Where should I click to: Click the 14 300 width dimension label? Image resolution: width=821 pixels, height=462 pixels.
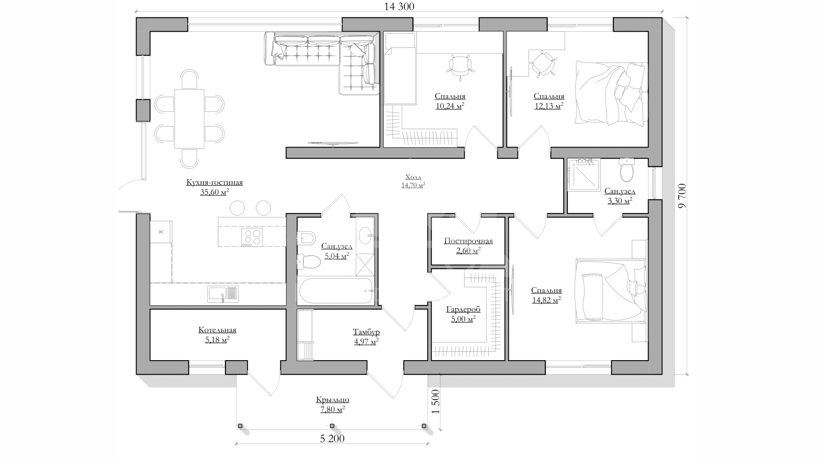(x=399, y=6)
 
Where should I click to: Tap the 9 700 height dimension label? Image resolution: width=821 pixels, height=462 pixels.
(x=682, y=195)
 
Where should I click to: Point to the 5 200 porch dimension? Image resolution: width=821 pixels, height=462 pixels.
(x=332, y=438)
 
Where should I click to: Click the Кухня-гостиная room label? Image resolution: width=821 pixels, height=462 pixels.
(x=214, y=183)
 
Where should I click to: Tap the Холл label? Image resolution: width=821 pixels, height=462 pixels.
(x=413, y=177)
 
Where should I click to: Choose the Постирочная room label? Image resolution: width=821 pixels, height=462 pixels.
(x=468, y=241)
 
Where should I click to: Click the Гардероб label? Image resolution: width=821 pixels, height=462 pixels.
(x=463, y=309)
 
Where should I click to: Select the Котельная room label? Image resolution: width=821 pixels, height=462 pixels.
(x=217, y=330)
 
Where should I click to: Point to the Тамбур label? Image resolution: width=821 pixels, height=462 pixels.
(x=366, y=332)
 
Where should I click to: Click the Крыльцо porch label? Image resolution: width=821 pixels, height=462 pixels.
(x=333, y=400)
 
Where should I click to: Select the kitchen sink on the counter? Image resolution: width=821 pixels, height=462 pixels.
(x=223, y=294)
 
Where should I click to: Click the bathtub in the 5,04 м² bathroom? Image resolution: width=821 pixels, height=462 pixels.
(x=336, y=291)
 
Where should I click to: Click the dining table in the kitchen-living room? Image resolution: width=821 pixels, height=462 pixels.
(x=189, y=118)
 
